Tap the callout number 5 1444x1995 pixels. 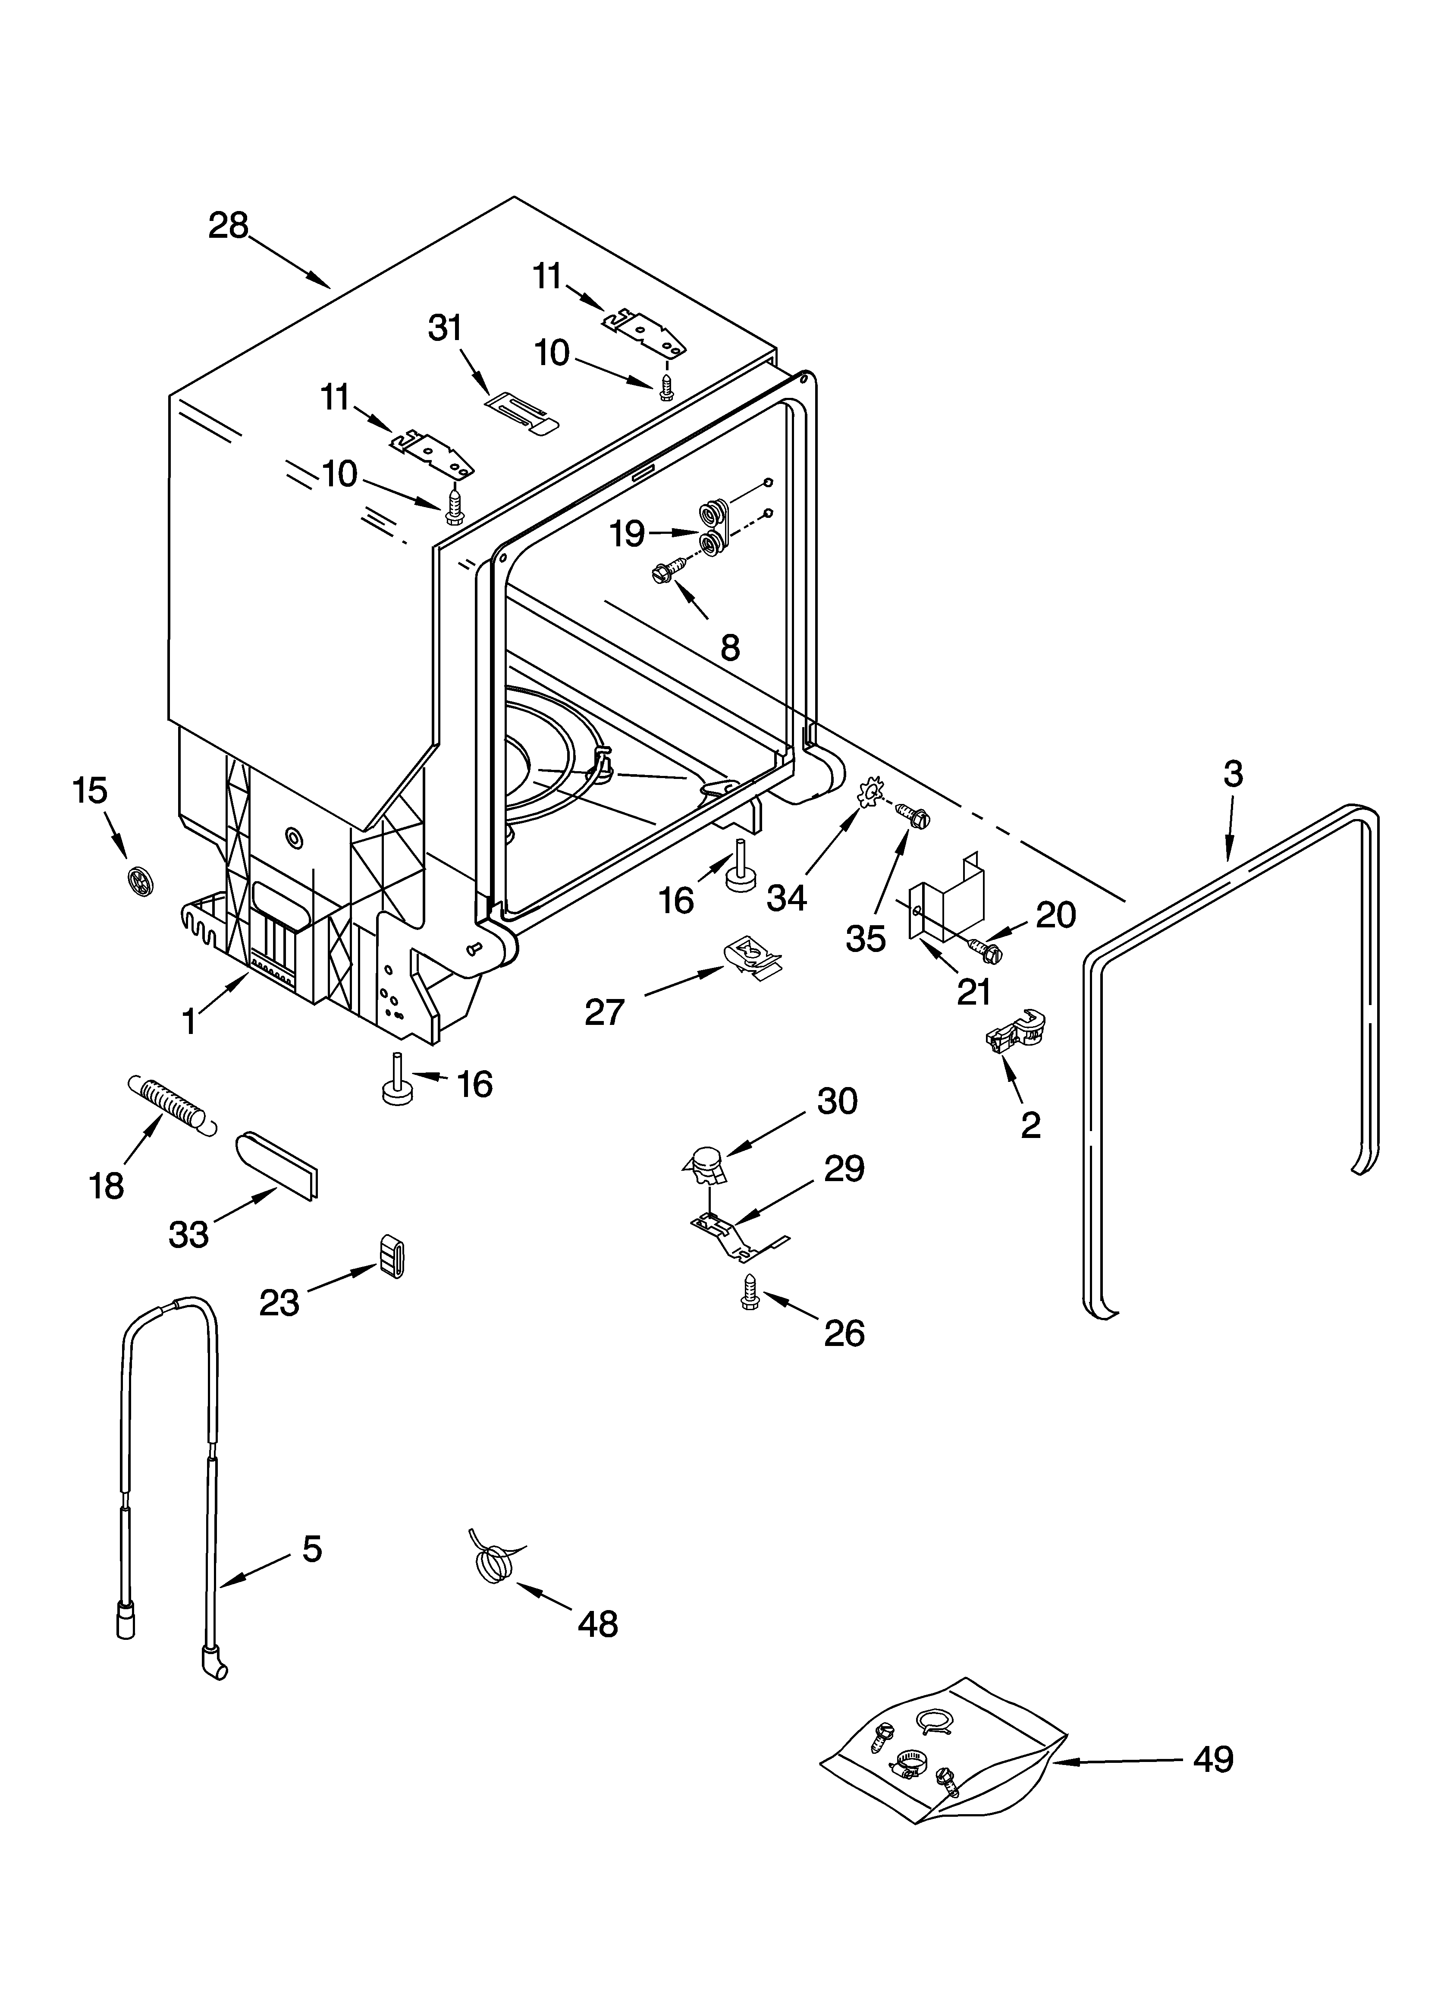(x=312, y=1548)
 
